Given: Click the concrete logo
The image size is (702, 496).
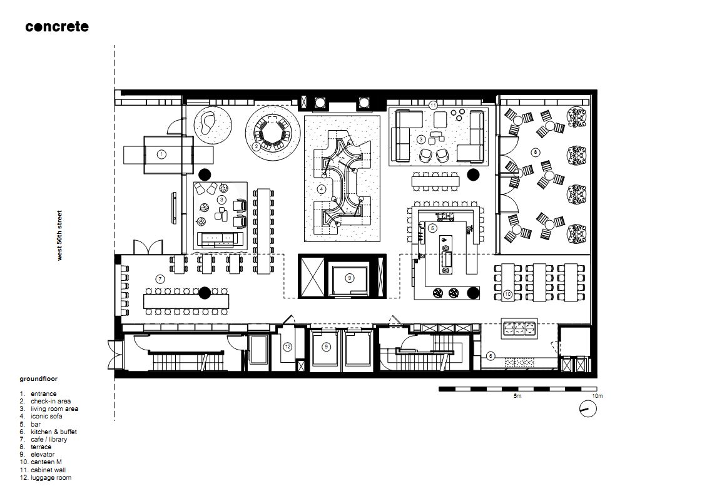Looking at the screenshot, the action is (x=57, y=26).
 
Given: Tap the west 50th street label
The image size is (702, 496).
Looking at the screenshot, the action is (x=59, y=235).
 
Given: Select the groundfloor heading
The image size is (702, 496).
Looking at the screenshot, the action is (x=39, y=378).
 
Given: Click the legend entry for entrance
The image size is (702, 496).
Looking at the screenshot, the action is (x=38, y=394).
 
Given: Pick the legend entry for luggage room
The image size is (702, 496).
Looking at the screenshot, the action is (x=45, y=478).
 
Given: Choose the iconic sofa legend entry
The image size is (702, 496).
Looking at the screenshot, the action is (x=41, y=417).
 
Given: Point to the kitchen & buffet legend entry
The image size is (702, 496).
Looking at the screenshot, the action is (x=48, y=432).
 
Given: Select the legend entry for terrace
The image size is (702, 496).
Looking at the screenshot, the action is (x=36, y=447).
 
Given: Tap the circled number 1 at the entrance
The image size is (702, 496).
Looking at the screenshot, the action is (x=162, y=154).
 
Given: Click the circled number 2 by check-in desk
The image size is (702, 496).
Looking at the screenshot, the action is (x=257, y=146).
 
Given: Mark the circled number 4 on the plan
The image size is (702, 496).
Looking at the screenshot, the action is (x=322, y=190).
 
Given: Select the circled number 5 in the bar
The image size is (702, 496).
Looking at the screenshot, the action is (x=432, y=228).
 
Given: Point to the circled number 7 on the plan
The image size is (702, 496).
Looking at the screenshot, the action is (x=160, y=280).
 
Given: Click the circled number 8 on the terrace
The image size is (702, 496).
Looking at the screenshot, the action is (x=536, y=153).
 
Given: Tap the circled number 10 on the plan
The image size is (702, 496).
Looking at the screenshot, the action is (x=507, y=295).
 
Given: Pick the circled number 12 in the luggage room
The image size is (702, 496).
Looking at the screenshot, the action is (x=287, y=347).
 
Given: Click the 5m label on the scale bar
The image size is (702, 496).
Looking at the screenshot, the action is (x=517, y=396).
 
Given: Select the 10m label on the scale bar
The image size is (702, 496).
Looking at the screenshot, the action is (x=598, y=396).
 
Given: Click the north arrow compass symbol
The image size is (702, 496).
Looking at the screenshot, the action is (x=588, y=408).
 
